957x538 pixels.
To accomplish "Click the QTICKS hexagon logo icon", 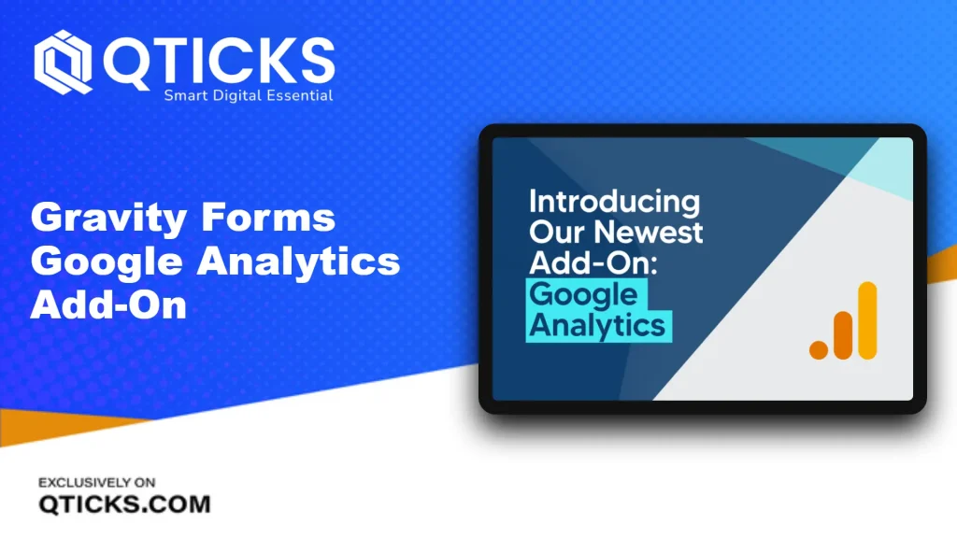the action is (63, 63).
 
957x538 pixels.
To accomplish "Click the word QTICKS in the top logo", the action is (219, 61).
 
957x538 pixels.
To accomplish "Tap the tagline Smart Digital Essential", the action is (249, 96).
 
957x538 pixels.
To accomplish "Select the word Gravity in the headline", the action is (108, 219).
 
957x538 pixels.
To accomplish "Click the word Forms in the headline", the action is (268, 217).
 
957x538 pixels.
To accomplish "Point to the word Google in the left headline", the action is (107, 262).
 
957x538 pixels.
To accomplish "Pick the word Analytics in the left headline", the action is (298, 262).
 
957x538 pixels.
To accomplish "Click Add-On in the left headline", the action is (108, 304).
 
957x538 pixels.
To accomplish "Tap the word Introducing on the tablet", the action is (615, 203).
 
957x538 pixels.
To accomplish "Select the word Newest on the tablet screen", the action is (649, 233).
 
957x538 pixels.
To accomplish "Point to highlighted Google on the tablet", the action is (584, 295).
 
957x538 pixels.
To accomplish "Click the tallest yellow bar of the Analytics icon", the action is (867, 321).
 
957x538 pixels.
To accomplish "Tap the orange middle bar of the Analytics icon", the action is (843, 335).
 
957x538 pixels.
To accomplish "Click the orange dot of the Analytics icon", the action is (819, 350).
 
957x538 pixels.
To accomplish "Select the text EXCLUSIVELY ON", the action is (97, 483).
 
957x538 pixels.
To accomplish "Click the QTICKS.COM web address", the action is (124, 504).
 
